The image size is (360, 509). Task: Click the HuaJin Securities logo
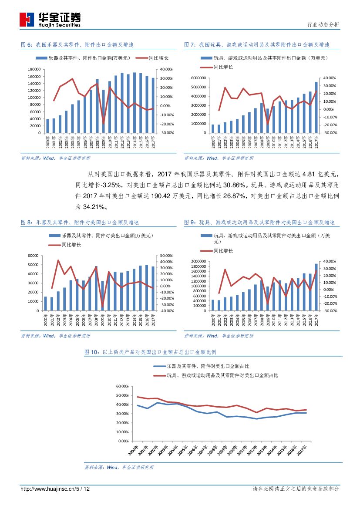click(x=50, y=19)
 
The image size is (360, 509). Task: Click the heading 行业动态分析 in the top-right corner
click(x=323, y=25)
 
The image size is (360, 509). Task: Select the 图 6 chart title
click(x=77, y=45)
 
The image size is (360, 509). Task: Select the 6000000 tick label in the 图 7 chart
click(x=198, y=78)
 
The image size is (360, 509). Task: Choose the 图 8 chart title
click(x=80, y=222)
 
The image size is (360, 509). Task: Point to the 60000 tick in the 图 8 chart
click(x=34, y=256)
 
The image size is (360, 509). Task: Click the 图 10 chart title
click(x=150, y=352)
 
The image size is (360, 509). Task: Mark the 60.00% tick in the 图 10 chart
click(x=122, y=386)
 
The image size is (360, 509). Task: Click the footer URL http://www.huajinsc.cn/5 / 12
click(x=55, y=489)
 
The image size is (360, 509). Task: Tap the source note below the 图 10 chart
click(x=119, y=467)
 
